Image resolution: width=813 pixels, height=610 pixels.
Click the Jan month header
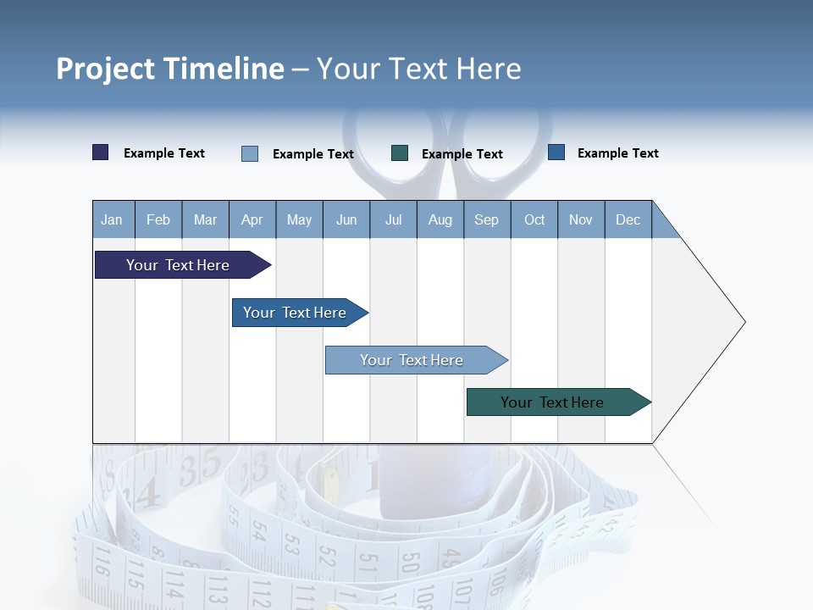coord(112,219)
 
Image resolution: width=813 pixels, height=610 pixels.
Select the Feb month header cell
coord(158,219)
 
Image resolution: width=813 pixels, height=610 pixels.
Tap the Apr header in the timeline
coord(252,219)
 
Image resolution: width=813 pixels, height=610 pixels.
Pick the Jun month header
coord(346,219)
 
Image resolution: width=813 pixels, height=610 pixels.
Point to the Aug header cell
coord(440,219)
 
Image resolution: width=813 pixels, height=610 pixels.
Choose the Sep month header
coord(486,219)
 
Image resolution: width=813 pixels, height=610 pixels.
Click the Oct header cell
coord(534,219)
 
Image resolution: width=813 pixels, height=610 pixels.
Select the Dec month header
coord(628,219)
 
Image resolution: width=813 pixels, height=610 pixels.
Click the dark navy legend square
coord(101,152)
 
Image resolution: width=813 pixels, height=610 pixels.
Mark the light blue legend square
coord(250,153)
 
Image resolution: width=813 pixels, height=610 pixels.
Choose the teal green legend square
coord(400,153)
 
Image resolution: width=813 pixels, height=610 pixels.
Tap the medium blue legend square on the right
coord(556,152)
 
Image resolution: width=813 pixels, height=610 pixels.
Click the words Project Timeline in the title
coord(170,69)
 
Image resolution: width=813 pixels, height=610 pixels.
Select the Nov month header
coord(581,219)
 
